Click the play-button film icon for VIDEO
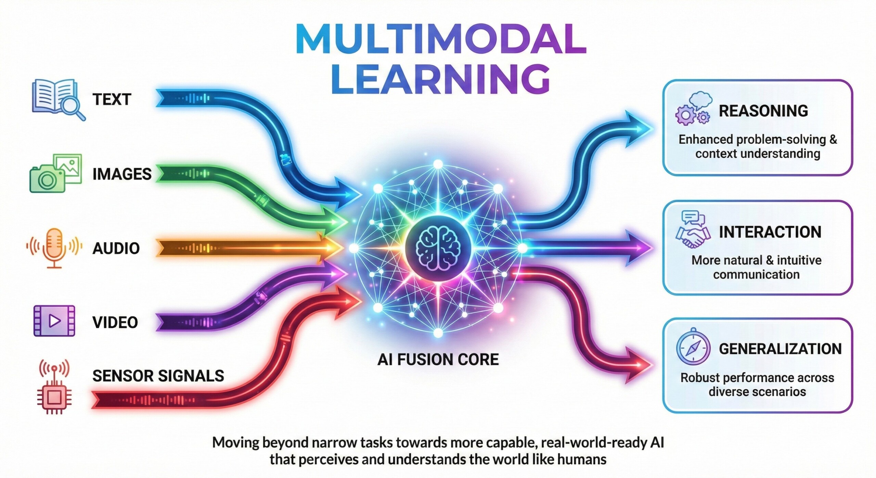pyautogui.click(x=54, y=321)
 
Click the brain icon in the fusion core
pyautogui.click(x=438, y=248)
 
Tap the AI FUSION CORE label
pyautogui.click(x=438, y=360)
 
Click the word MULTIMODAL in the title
pyautogui.click(x=441, y=39)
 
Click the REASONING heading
pyautogui.click(x=763, y=111)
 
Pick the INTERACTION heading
pyautogui.click(x=770, y=232)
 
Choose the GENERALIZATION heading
pyautogui.click(x=780, y=349)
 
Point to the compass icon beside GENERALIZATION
pyautogui.click(x=693, y=348)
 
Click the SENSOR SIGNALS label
pyautogui.click(x=158, y=376)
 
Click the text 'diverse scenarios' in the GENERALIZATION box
pyautogui.click(x=757, y=391)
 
